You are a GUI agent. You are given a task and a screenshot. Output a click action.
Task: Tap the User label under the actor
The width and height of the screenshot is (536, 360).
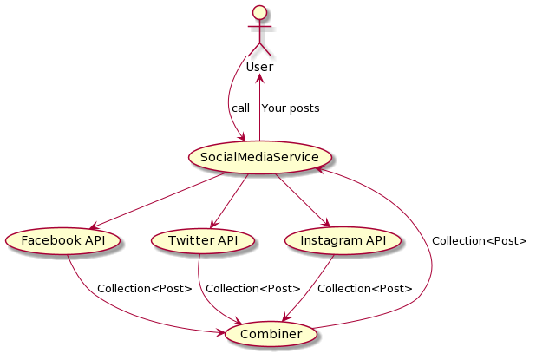259,67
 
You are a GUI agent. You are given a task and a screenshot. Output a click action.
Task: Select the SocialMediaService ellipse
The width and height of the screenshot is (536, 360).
259,157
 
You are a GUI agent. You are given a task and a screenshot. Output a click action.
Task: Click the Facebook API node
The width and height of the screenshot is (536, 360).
62,239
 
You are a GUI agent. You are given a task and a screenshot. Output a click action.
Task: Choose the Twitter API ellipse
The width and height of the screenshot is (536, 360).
204,239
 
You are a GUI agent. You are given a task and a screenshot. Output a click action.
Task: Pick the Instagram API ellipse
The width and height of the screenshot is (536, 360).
343,239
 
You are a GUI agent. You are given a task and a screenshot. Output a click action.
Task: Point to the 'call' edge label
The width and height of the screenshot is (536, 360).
240,108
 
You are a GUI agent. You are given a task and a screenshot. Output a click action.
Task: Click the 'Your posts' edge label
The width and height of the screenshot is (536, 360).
290,108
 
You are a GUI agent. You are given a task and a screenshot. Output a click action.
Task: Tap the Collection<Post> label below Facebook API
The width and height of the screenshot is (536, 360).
144,288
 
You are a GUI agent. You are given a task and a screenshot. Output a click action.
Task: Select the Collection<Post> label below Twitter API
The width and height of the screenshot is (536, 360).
253,288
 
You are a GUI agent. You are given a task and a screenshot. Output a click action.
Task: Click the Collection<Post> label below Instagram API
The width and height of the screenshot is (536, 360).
365,288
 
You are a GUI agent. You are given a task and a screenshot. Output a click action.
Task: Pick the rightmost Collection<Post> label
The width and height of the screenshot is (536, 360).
479,240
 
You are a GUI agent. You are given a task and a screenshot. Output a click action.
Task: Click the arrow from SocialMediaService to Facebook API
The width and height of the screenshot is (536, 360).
156,200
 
